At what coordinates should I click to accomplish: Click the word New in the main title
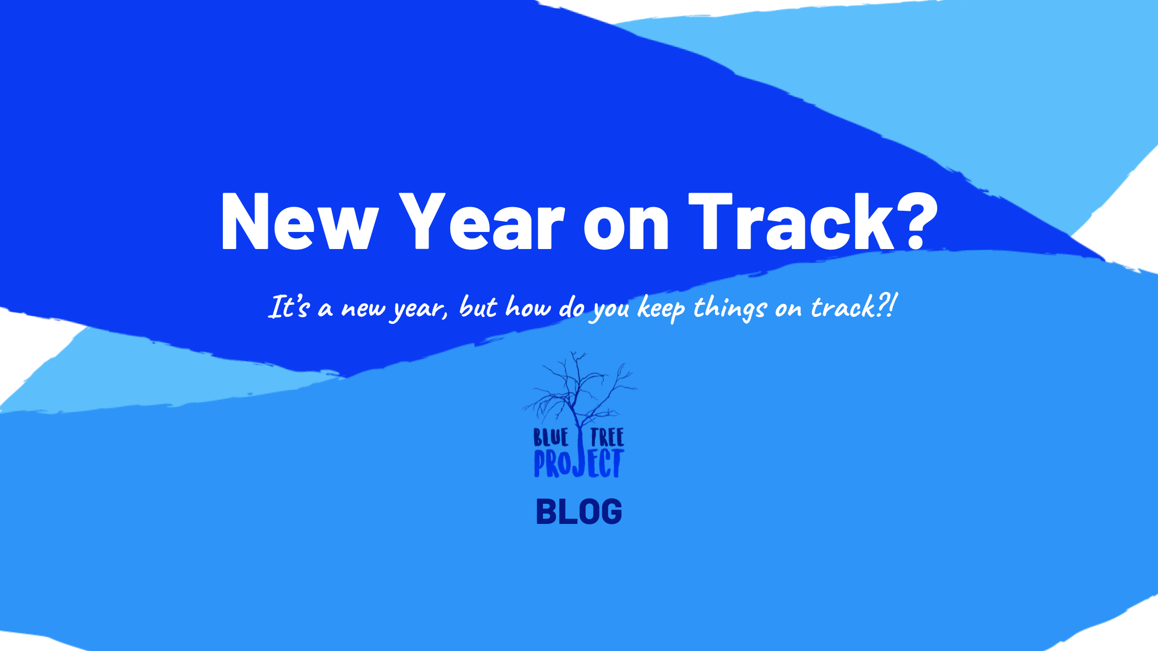click(299, 222)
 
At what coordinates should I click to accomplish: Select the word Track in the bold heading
click(791, 222)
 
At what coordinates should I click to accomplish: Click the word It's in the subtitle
click(289, 307)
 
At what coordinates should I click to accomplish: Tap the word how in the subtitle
click(528, 307)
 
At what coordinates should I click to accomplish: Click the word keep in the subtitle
click(661, 308)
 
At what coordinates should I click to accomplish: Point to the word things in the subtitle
click(729, 308)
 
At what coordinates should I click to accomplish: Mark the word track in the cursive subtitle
click(843, 307)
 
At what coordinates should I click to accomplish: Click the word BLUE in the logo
click(551, 438)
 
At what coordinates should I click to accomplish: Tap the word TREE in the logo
click(607, 438)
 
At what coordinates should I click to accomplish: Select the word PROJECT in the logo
click(578, 463)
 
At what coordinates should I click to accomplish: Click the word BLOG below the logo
click(579, 512)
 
